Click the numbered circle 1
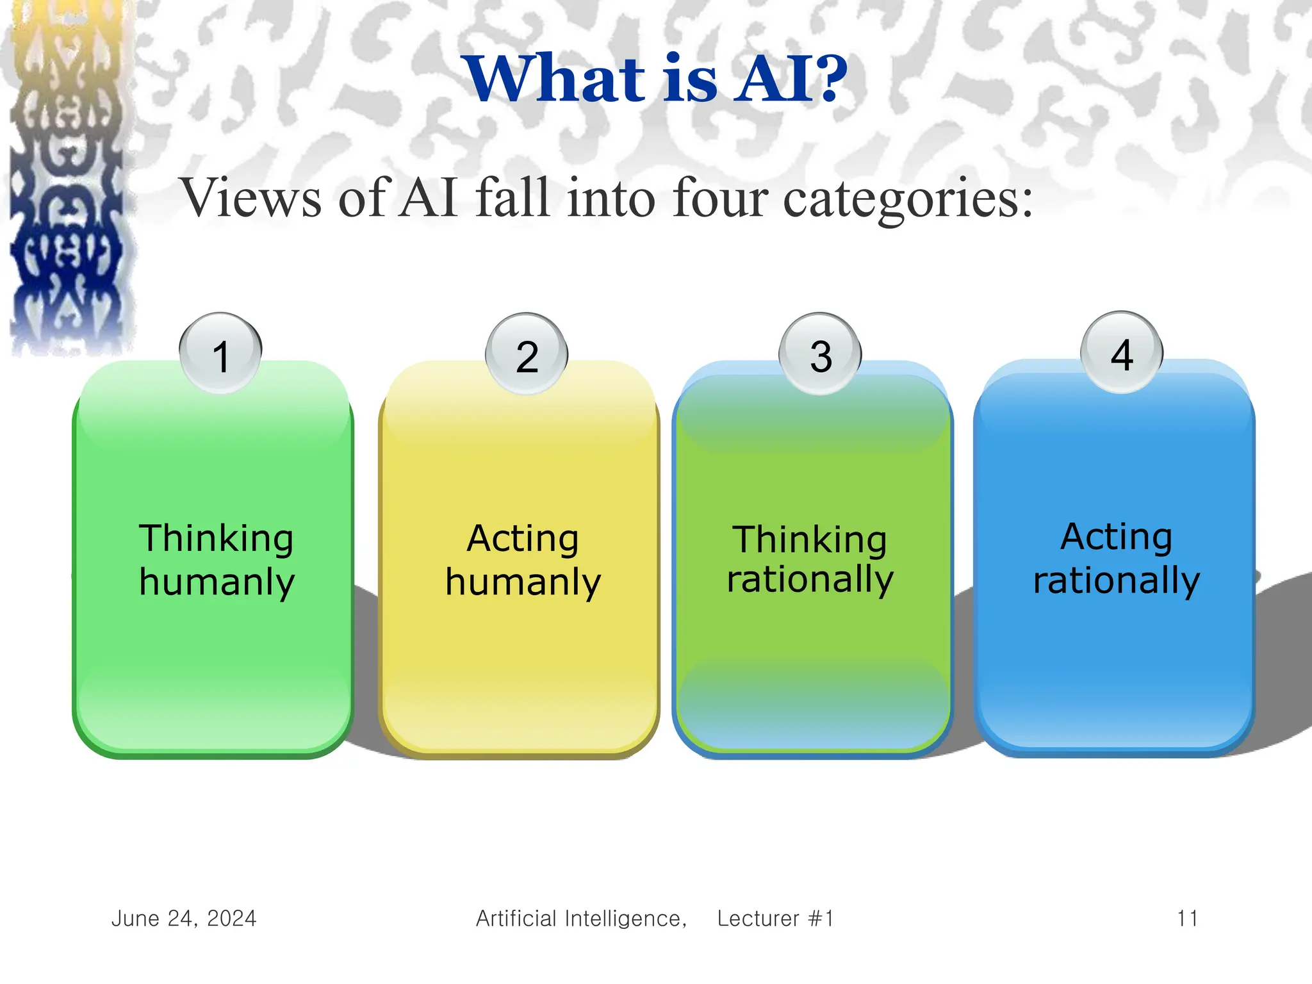pos(220,354)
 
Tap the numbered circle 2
pos(527,354)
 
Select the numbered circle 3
pos(820,354)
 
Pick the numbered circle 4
pos(1122,352)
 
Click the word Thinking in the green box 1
pos(217,538)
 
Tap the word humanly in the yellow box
pos(523,582)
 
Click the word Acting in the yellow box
pos(523,538)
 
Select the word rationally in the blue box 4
pos(1116,580)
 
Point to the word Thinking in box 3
pos(810,539)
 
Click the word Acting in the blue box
pos(1116,536)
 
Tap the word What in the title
pos(556,79)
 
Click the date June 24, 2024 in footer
pos(184,919)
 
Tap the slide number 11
pos(1187,919)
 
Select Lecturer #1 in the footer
pos(775,919)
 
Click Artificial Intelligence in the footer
pos(580,919)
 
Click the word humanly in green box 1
pos(217,582)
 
